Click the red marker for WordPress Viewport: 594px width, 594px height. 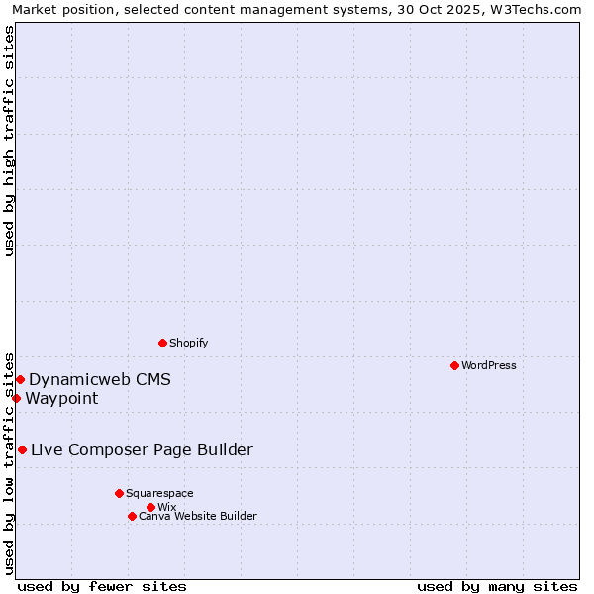(x=454, y=365)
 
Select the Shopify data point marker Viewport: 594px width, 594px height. (x=162, y=343)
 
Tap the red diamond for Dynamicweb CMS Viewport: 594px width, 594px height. (x=20, y=379)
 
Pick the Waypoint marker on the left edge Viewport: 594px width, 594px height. (x=16, y=398)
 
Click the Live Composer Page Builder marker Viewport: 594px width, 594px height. (x=22, y=449)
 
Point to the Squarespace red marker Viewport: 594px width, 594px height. (x=119, y=493)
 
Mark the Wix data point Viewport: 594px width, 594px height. (x=150, y=507)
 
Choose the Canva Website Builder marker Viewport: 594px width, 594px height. (x=132, y=516)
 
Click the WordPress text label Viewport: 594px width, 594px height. (x=489, y=365)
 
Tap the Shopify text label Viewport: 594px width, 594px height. (x=188, y=343)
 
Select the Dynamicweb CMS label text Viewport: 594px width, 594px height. (x=100, y=379)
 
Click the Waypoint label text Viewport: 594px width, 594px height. (x=61, y=398)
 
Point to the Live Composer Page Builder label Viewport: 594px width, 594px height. (x=142, y=449)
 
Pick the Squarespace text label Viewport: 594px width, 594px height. (x=159, y=493)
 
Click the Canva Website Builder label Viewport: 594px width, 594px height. (x=198, y=516)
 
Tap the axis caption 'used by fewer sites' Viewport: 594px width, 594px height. (x=102, y=586)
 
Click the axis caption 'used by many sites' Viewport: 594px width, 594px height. (x=497, y=586)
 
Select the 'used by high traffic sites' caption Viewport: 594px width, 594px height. (x=9, y=141)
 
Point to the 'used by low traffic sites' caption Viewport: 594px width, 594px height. (x=9, y=462)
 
